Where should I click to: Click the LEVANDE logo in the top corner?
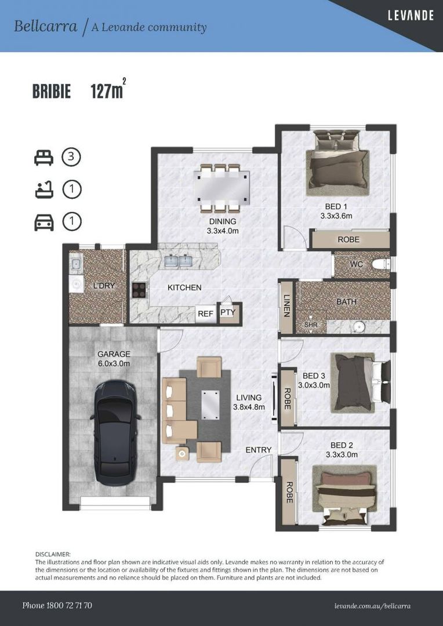[x=411, y=16]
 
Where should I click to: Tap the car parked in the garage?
[x=115, y=432]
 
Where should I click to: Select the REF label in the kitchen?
[x=206, y=314]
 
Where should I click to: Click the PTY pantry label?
[x=227, y=312]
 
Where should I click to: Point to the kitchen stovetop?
[x=139, y=290]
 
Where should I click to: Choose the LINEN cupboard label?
[x=286, y=306]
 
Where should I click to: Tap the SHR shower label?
[x=311, y=325]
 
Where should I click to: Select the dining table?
[x=222, y=187]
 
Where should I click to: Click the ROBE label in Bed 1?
[x=348, y=239]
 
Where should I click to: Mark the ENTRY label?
[x=259, y=450]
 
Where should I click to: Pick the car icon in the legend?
[x=44, y=223]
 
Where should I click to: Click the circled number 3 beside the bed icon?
[x=71, y=157]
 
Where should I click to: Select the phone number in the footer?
[x=57, y=606]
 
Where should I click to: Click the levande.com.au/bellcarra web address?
[x=372, y=606]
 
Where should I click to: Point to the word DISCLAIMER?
[x=53, y=554]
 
